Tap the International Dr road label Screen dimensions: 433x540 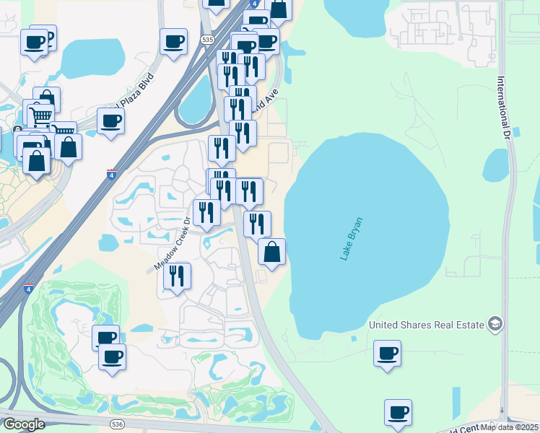pos(504,108)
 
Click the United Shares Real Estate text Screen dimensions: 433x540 pos(426,325)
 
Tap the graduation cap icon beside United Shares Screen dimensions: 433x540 pos(495,324)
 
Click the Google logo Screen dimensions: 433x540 pos(24,424)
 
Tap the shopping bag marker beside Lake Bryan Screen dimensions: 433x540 pos(271,252)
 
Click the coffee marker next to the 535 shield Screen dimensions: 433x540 pos(173,41)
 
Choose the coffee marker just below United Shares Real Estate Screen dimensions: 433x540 pos(388,353)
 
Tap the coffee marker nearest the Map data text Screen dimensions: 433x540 pos(398,412)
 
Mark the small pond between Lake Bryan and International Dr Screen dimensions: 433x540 pos(495,165)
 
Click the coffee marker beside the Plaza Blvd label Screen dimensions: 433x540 pos(110,121)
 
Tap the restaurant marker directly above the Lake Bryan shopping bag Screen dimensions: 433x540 pos(257,224)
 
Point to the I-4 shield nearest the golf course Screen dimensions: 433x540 pos(28,289)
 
